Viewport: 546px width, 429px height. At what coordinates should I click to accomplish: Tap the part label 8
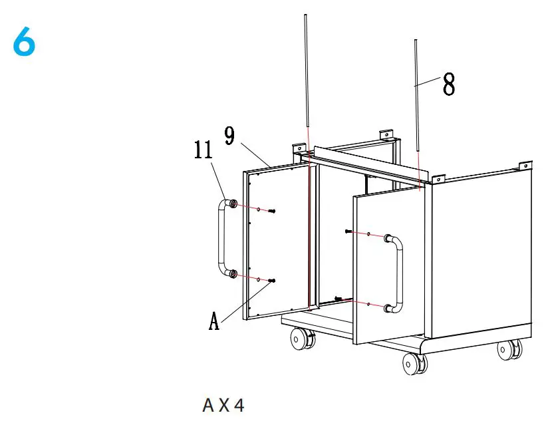click(449, 84)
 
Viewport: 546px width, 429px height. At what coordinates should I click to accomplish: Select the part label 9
click(229, 136)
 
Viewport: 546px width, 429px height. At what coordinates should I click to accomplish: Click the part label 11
click(203, 150)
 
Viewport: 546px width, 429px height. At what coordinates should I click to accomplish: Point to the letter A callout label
click(213, 321)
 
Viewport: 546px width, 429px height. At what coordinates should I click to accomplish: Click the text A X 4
click(223, 404)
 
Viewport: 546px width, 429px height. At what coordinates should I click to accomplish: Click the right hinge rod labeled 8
click(416, 93)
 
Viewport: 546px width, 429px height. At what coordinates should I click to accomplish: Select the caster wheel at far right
click(510, 350)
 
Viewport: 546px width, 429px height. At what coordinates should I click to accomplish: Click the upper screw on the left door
click(273, 211)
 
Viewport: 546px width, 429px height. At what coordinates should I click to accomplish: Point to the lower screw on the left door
click(272, 281)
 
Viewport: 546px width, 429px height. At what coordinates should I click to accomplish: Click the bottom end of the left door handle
click(231, 273)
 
